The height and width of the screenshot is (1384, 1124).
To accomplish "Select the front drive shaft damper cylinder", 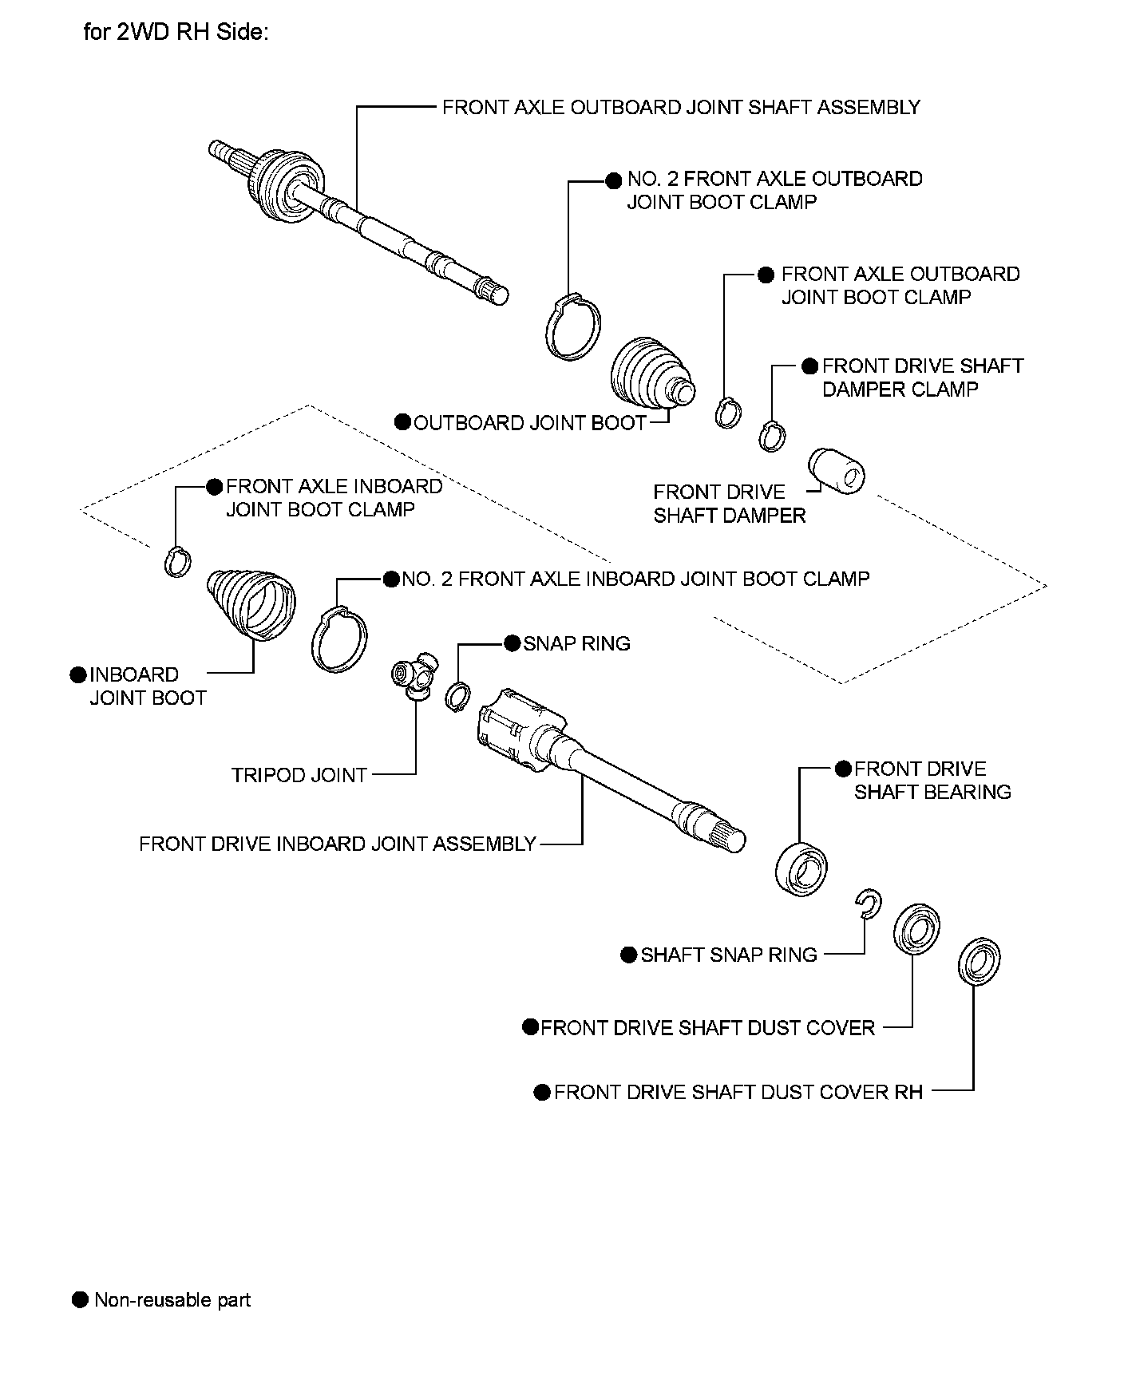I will click(x=836, y=471).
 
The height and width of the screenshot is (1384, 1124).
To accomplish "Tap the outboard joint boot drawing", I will click(x=650, y=374).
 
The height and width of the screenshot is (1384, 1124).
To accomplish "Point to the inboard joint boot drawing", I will click(x=252, y=604).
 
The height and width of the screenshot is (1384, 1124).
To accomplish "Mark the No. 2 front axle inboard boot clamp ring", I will click(x=339, y=639).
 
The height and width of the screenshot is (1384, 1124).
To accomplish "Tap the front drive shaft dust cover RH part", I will click(x=979, y=961).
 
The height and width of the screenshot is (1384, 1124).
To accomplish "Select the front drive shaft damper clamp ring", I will click(x=772, y=436).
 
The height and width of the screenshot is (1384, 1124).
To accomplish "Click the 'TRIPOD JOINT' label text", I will click(x=299, y=775).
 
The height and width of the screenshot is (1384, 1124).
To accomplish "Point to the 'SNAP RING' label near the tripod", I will click(x=576, y=643).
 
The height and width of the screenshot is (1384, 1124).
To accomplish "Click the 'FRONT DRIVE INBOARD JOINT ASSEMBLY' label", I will click(x=337, y=844).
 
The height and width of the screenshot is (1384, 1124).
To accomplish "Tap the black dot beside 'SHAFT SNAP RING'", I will click(x=628, y=955).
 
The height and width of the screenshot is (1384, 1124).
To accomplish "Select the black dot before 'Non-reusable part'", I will click(x=80, y=1299).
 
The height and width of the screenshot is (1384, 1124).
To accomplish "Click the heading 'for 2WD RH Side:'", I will click(x=176, y=33).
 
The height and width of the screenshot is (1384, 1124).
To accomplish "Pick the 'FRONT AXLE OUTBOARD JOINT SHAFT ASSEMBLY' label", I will click(x=681, y=107).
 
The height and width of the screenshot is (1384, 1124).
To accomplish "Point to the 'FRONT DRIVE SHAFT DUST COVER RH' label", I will click(x=738, y=1092).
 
